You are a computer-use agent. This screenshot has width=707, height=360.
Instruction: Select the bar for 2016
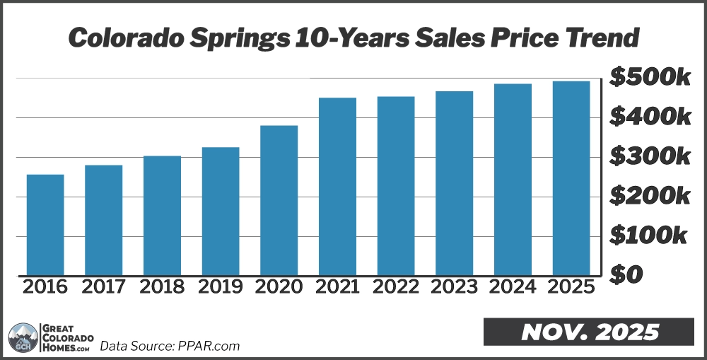tap(45, 225)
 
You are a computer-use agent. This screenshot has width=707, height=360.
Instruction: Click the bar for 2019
tap(221, 211)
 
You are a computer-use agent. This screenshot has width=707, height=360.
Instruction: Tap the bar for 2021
tap(337, 187)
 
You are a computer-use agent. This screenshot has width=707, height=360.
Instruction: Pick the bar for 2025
tap(571, 178)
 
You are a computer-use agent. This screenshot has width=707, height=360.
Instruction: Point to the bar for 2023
tap(454, 183)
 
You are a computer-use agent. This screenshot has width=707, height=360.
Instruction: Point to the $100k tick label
tap(650, 235)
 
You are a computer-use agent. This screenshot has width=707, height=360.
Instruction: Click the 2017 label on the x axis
tap(103, 287)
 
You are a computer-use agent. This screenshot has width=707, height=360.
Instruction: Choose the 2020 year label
tap(279, 287)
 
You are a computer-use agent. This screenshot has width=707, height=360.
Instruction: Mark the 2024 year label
tap(513, 287)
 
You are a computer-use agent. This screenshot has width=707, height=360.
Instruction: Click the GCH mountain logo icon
tap(23, 337)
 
